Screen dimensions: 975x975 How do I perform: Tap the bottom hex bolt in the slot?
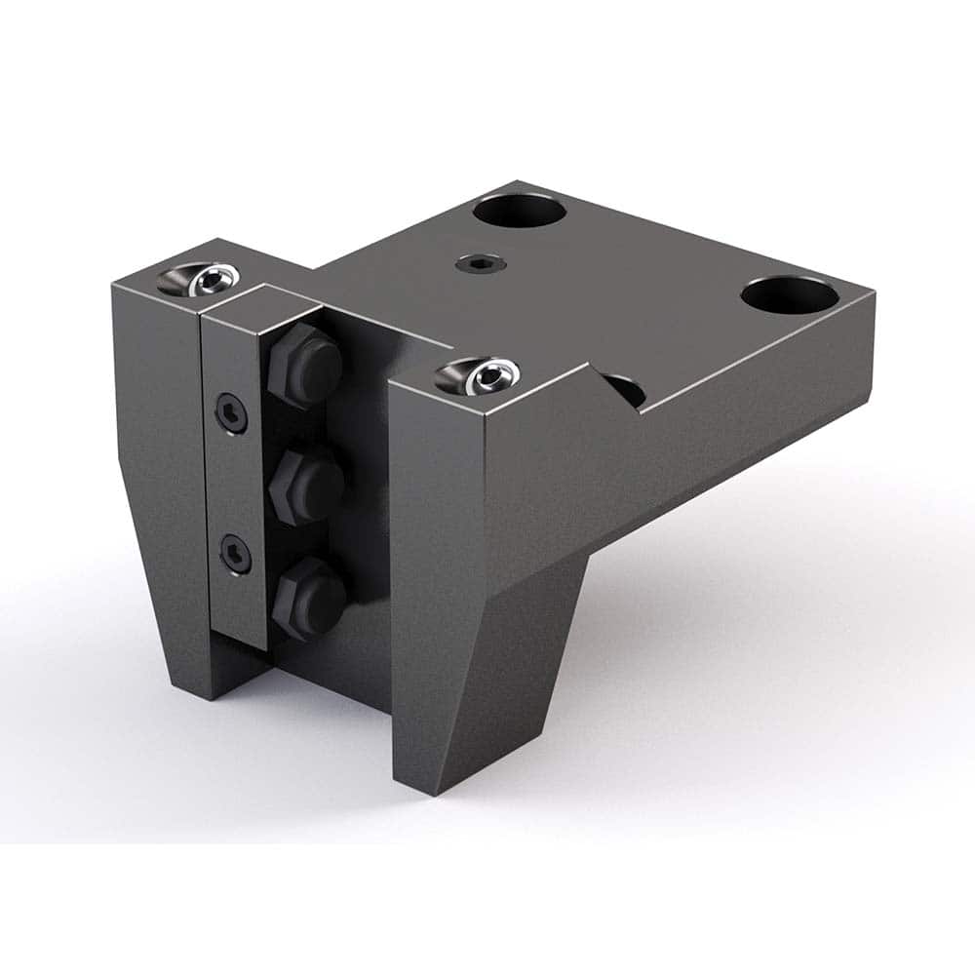(309, 596)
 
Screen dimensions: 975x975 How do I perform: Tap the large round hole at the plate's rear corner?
(520, 211)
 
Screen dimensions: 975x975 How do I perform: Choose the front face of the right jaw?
(437, 546)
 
